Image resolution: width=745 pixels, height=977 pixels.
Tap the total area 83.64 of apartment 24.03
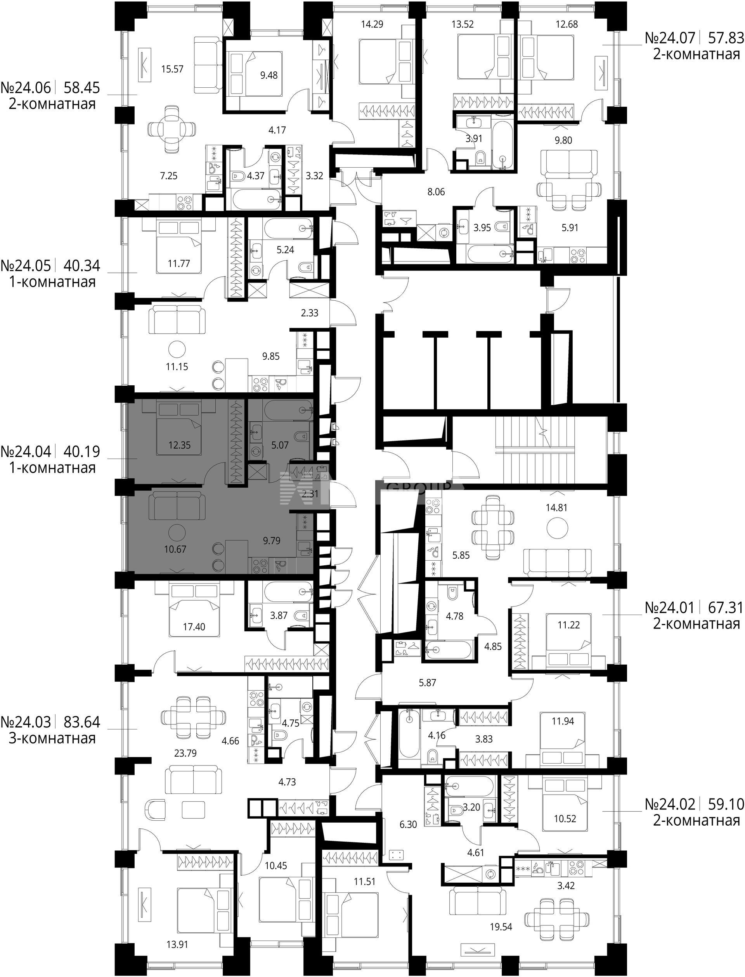pyautogui.click(x=82, y=722)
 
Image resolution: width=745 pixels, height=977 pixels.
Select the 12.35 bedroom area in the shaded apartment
pyautogui.click(x=180, y=445)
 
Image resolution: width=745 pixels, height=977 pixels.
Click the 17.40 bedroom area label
pyautogui.click(x=194, y=627)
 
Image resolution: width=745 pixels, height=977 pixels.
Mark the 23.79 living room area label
pyautogui.click(x=185, y=753)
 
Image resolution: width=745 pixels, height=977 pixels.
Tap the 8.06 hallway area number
pyautogui.click(x=436, y=192)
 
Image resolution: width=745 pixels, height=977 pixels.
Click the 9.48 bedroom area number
pyautogui.click(x=269, y=75)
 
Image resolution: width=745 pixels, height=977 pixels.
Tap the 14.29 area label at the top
pyautogui.click(x=372, y=24)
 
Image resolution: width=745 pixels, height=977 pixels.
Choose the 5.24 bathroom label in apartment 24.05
pyautogui.click(x=285, y=250)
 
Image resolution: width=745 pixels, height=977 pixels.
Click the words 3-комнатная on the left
pyautogui.click(x=52, y=738)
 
